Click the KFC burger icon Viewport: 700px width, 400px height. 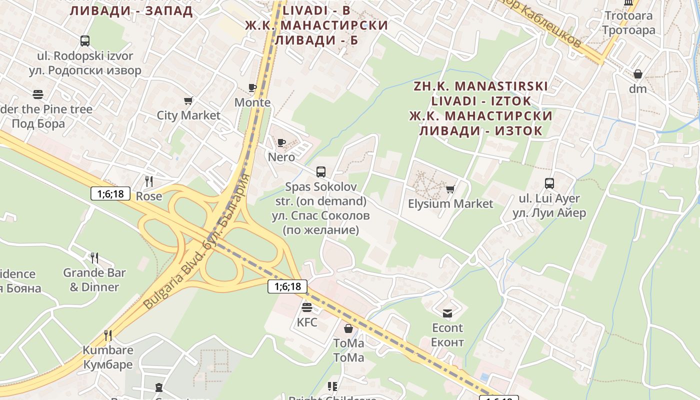click(307, 307)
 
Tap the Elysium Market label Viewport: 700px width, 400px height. click(450, 203)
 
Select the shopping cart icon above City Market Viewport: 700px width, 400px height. click(188, 101)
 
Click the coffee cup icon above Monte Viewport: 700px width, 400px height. click(252, 88)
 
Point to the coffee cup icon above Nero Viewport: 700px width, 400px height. click(281, 142)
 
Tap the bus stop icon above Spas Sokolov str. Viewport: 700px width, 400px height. click(321, 172)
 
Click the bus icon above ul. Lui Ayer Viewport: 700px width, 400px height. click(549, 183)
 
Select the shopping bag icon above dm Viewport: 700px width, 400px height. click(638, 74)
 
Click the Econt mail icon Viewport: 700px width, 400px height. click(447, 313)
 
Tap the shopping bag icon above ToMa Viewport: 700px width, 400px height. click(348, 328)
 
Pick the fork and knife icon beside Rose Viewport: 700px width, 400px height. click(148, 181)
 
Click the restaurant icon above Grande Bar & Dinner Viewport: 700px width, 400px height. click(94, 258)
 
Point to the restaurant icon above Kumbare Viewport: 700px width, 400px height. click(107, 335)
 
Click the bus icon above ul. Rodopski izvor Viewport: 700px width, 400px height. click(85, 41)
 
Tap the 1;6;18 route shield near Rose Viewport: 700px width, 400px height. click(110, 193)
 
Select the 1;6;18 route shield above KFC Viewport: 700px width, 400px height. click(287, 286)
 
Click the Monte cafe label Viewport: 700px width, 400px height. click(252, 102)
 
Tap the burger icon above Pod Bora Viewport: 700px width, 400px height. click(38, 94)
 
